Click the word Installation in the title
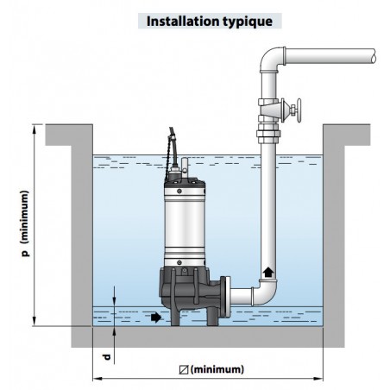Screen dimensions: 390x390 (x=183, y=22)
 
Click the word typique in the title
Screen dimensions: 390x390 (x=248, y=22)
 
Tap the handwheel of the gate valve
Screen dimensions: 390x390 (x=299, y=110)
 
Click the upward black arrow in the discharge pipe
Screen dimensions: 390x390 (x=268, y=272)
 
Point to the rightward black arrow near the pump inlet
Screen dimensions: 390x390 (x=156, y=318)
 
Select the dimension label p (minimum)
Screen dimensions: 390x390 (x=26, y=223)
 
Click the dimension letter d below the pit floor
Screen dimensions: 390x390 (x=107, y=357)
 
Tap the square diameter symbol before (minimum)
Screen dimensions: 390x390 (x=184, y=370)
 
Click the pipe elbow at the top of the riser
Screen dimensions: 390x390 (x=271, y=60)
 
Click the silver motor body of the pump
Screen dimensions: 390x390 (x=185, y=225)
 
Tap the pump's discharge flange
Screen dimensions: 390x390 (x=226, y=296)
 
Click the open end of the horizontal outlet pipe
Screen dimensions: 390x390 (x=373, y=55)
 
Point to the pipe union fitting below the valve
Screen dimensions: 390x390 (x=268, y=134)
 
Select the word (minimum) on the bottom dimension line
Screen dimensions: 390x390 (x=217, y=369)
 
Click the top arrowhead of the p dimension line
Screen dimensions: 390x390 (x=35, y=129)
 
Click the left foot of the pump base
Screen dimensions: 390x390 (x=175, y=318)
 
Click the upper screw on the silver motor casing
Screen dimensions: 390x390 (x=179, y=191)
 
